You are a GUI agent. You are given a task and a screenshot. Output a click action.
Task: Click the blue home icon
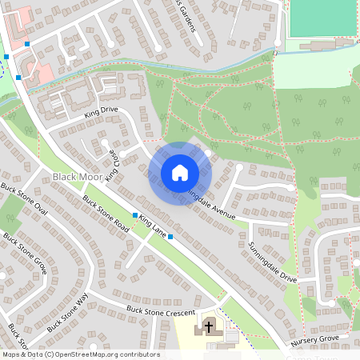coord(180,172)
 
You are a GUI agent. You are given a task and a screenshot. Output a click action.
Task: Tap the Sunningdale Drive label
coord(272,264)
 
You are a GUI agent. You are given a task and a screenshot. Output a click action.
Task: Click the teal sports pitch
coord(324,18)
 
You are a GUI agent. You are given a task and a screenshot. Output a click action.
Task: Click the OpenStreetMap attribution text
coord(80,354)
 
